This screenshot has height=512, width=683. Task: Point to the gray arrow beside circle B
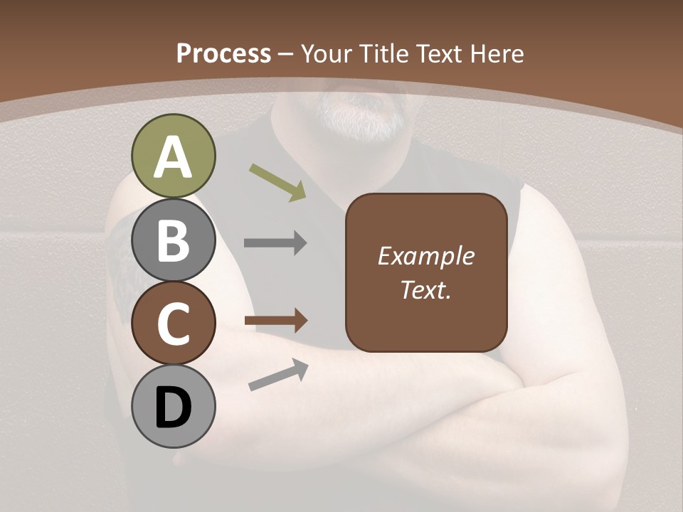[275, 243]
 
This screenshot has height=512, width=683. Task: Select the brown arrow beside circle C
[276, 321]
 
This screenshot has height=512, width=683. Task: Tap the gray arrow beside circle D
[278, 375]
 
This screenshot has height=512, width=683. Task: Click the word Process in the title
[223, 53]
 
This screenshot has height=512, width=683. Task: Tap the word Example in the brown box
[425, 256]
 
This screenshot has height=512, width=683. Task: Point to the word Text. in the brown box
[425, 289]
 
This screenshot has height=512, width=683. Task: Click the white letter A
[173, 158]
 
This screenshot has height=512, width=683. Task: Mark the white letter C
[174, 324]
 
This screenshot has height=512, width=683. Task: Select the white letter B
[174, 240]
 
